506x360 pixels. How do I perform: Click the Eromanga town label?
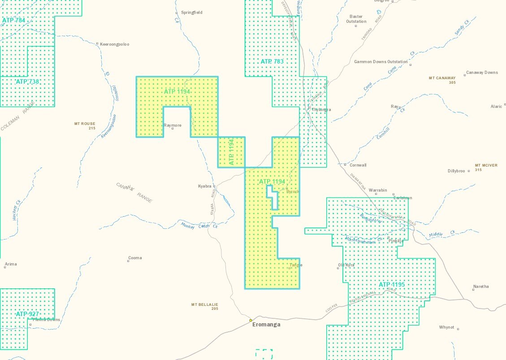[266, 325]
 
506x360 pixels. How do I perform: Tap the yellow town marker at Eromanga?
[251, 320]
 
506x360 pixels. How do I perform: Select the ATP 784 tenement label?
[14, 20]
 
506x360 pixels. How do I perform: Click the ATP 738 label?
[27, 81]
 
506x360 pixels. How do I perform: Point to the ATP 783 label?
[272, 61]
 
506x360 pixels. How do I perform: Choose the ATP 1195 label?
[391, 285]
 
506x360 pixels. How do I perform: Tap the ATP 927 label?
[27, 314]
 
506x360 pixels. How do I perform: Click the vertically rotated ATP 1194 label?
[232, 152]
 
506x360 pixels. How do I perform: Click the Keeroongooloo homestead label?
[114, 44]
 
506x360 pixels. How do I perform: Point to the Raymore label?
[173, 125]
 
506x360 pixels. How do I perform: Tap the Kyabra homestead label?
[204, 186]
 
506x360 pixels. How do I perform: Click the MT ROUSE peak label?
[85, 124]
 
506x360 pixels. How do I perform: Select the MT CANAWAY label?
[442, 78]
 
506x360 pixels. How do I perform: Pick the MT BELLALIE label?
[204, 304]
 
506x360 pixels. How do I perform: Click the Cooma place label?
[135, 258]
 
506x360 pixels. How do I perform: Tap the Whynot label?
[446, 327]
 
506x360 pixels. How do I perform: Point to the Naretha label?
[481, 287]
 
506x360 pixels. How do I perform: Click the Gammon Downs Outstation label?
[381, 62]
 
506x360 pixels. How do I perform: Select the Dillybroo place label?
[456, 171]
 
